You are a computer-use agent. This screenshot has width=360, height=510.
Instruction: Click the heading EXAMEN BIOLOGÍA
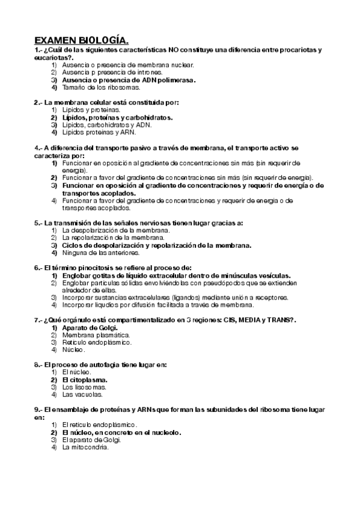point(81,40)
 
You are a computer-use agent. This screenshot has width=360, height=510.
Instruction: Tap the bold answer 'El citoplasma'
point(85,380)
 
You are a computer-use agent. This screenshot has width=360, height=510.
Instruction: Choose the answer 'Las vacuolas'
point(82,395)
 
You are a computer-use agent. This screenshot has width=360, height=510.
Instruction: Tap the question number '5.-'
point(38,223)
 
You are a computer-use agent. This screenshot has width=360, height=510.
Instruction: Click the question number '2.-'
point(38,102)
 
